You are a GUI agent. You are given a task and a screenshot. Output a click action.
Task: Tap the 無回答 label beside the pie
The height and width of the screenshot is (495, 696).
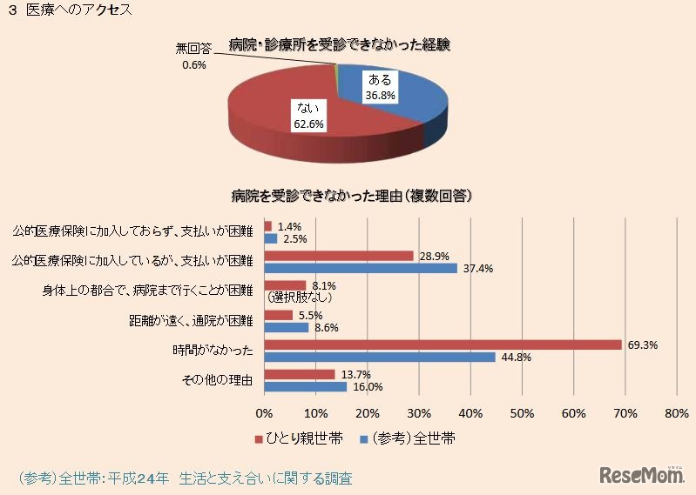point(194,50)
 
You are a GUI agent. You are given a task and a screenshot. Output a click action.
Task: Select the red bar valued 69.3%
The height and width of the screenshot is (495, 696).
point(443,344)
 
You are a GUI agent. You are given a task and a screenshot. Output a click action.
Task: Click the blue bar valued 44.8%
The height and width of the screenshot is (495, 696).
point(380,357)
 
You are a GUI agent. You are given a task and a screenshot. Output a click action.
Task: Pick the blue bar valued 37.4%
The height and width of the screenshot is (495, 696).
point(361,268)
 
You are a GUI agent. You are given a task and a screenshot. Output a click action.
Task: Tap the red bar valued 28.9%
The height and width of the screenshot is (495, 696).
point(339,256)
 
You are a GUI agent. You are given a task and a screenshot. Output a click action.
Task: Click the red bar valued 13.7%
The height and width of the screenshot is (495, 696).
point(300,374)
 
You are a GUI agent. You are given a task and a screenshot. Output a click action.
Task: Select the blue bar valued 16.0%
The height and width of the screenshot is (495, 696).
point(306,386)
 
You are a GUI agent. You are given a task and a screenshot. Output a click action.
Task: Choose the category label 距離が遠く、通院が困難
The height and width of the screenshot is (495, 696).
point(190,321)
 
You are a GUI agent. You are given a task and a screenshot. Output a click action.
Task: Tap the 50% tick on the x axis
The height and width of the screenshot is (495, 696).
point(522,412)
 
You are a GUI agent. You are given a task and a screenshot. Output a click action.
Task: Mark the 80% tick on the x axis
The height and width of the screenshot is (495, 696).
point(676,412)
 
